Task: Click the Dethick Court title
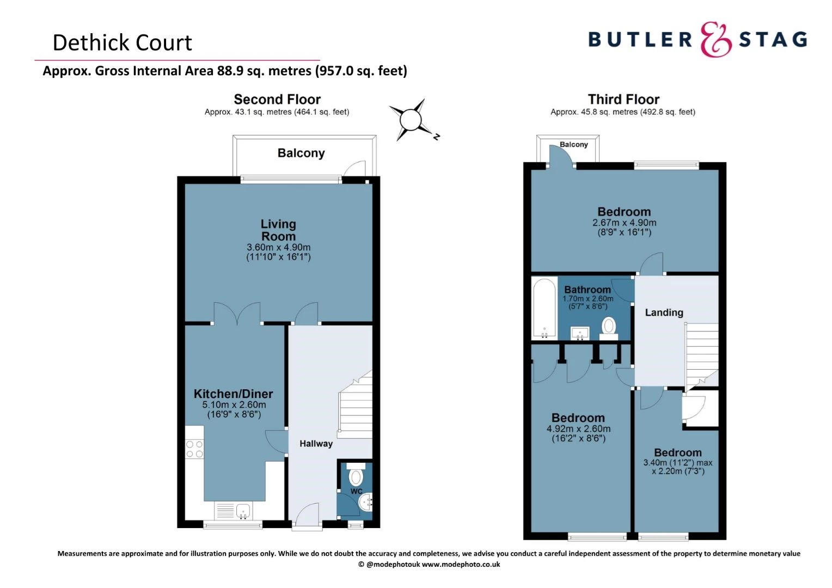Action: pyautogui.click(x=122, y=42)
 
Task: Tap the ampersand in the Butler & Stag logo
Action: pyautogui.click(x=715, y=39)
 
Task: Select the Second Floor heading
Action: pyautogui.click(x=277, y=99)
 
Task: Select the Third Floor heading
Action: pyautogui.click(x=623, y=99)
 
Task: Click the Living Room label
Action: pyautogui.click(x=278, y=230)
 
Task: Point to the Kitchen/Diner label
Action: pyautogui.click(x=233, y=394)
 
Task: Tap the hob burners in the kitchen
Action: pyautogui.click(x=194, y=449)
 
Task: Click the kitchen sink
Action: pyautogui.click(x=243, y=511)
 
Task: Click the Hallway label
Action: pyautogui.click(x=316, y=444)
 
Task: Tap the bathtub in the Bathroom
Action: pyautogui.click(x=543, y=309)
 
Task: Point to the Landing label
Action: pyautogui.click(x=664, y=313)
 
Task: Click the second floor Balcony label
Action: pyautogui.click(x=301, y=153)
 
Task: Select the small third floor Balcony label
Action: pyautogui.click(x=574, y=144)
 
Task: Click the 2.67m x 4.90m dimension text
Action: pyautogui.click(x=624, y=223)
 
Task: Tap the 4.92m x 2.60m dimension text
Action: pyautogui.click(x=578, y=429)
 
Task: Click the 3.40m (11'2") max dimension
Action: pyautogui.click(x=677, y=463)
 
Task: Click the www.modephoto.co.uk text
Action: pyautogui.click(x=461, y=565)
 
